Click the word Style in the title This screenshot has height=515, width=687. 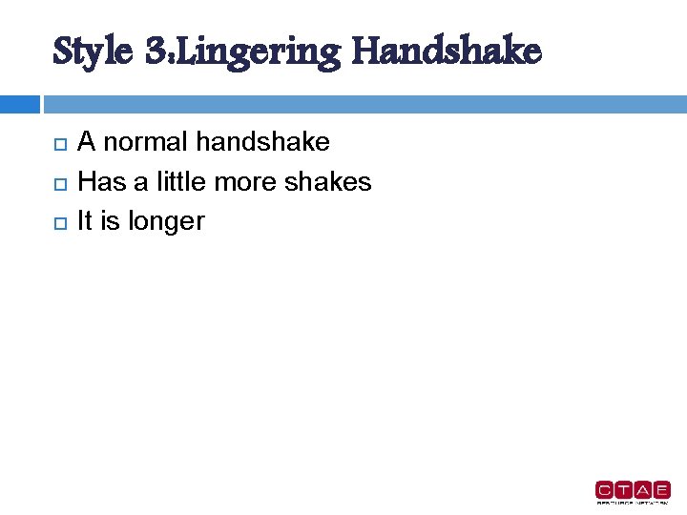93,51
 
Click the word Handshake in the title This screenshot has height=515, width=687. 446,51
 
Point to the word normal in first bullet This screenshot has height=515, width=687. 145,142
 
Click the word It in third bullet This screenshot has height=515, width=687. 85,220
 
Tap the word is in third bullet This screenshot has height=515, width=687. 110,220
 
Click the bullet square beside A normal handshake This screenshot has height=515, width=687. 59,144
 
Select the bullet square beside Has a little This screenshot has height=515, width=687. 59,183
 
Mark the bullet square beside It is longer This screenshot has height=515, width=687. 59,222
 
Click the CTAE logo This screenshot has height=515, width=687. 633,490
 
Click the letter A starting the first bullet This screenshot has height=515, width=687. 86,142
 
